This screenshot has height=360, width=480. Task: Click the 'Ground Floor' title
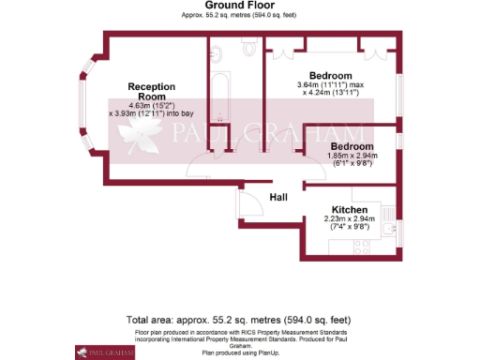(x=239, y=6)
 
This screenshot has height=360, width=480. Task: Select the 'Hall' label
(x=279, y=197)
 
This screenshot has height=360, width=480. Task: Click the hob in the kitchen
(x=360, y=246)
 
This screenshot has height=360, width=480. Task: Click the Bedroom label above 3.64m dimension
(x=331, y=75)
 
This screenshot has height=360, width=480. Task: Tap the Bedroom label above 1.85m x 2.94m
(x=352, y=147)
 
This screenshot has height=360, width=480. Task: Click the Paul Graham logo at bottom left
(x=95, y=352)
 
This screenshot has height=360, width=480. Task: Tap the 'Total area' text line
(x=239, y=321)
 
